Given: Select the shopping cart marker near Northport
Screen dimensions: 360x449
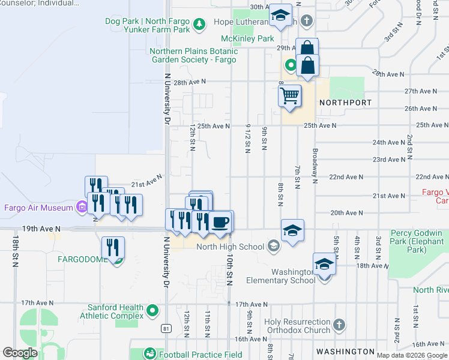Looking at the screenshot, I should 290,96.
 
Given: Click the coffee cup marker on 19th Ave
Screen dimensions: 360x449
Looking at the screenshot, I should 220,223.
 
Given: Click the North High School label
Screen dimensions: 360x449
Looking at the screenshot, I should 231,247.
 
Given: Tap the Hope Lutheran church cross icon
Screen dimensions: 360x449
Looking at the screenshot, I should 307,22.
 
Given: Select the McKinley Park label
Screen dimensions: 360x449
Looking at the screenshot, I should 247,38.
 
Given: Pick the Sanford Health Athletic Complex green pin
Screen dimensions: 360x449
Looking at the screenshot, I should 152,311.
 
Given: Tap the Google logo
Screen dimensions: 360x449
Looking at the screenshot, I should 20,353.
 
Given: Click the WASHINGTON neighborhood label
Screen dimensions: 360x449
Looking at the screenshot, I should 346,352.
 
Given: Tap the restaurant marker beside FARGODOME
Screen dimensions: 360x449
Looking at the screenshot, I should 113,248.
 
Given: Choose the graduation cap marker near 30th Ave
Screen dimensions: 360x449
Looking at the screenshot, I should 280,16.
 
